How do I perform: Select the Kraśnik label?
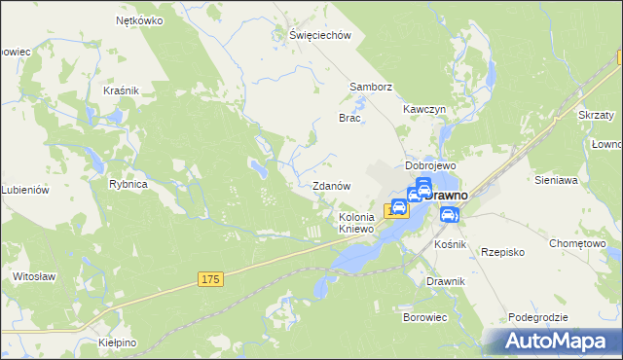click(122, 90)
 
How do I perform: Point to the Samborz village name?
click(371, 87)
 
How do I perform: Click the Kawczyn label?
click(424, 110)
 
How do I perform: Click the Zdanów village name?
click(330, 186)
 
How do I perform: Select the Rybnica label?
click(128, 184)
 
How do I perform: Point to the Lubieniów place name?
click(25, 191)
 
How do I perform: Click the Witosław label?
click(32, 276)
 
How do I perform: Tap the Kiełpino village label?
click(118, 343)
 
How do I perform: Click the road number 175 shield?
click(211, 279)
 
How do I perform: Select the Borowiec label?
click(424, 317)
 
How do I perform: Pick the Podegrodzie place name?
click(537, 318)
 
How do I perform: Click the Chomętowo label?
click(578, 244)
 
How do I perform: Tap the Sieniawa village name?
click(557, 180)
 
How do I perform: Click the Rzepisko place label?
click(503, 251)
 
